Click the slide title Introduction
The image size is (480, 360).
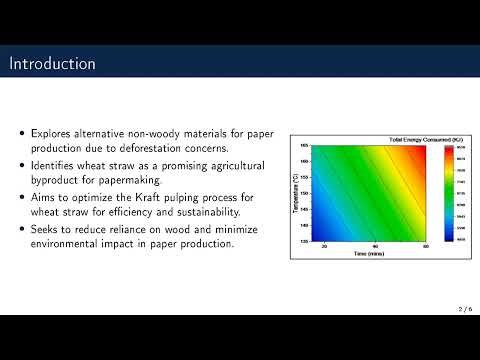(x=53, y=64)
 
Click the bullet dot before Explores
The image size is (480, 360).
(x=24, y=131)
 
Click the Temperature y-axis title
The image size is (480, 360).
(x=294, y=194)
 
